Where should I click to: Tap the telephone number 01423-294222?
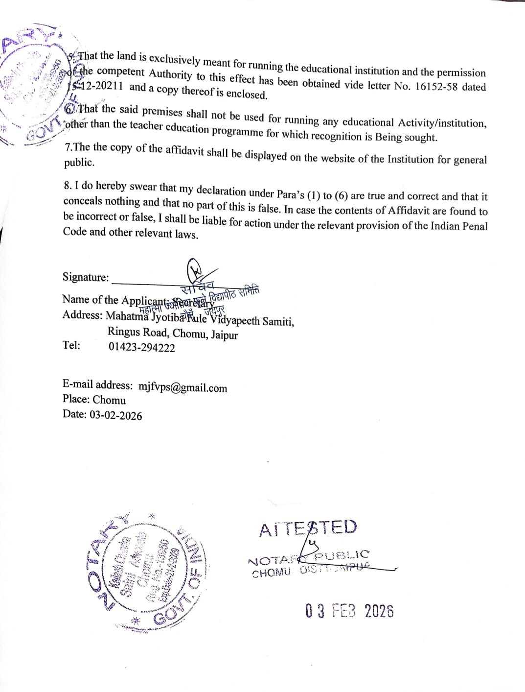141,348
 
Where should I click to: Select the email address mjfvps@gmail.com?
183,387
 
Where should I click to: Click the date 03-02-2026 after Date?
116,415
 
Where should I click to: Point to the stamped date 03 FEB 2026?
349,611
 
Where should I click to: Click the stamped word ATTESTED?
308,528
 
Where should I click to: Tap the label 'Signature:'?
86,277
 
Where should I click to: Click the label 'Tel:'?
71,345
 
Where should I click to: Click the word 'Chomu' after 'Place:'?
109,400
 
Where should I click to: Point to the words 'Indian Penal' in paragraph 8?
454,226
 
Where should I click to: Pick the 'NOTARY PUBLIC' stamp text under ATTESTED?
308,557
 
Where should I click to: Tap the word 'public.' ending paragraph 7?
79,163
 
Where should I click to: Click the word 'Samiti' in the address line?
278,322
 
